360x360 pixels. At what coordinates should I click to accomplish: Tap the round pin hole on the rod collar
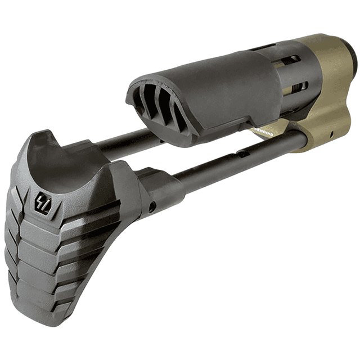coord(152,209)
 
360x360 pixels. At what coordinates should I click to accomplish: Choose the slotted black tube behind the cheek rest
coord(292,73)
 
